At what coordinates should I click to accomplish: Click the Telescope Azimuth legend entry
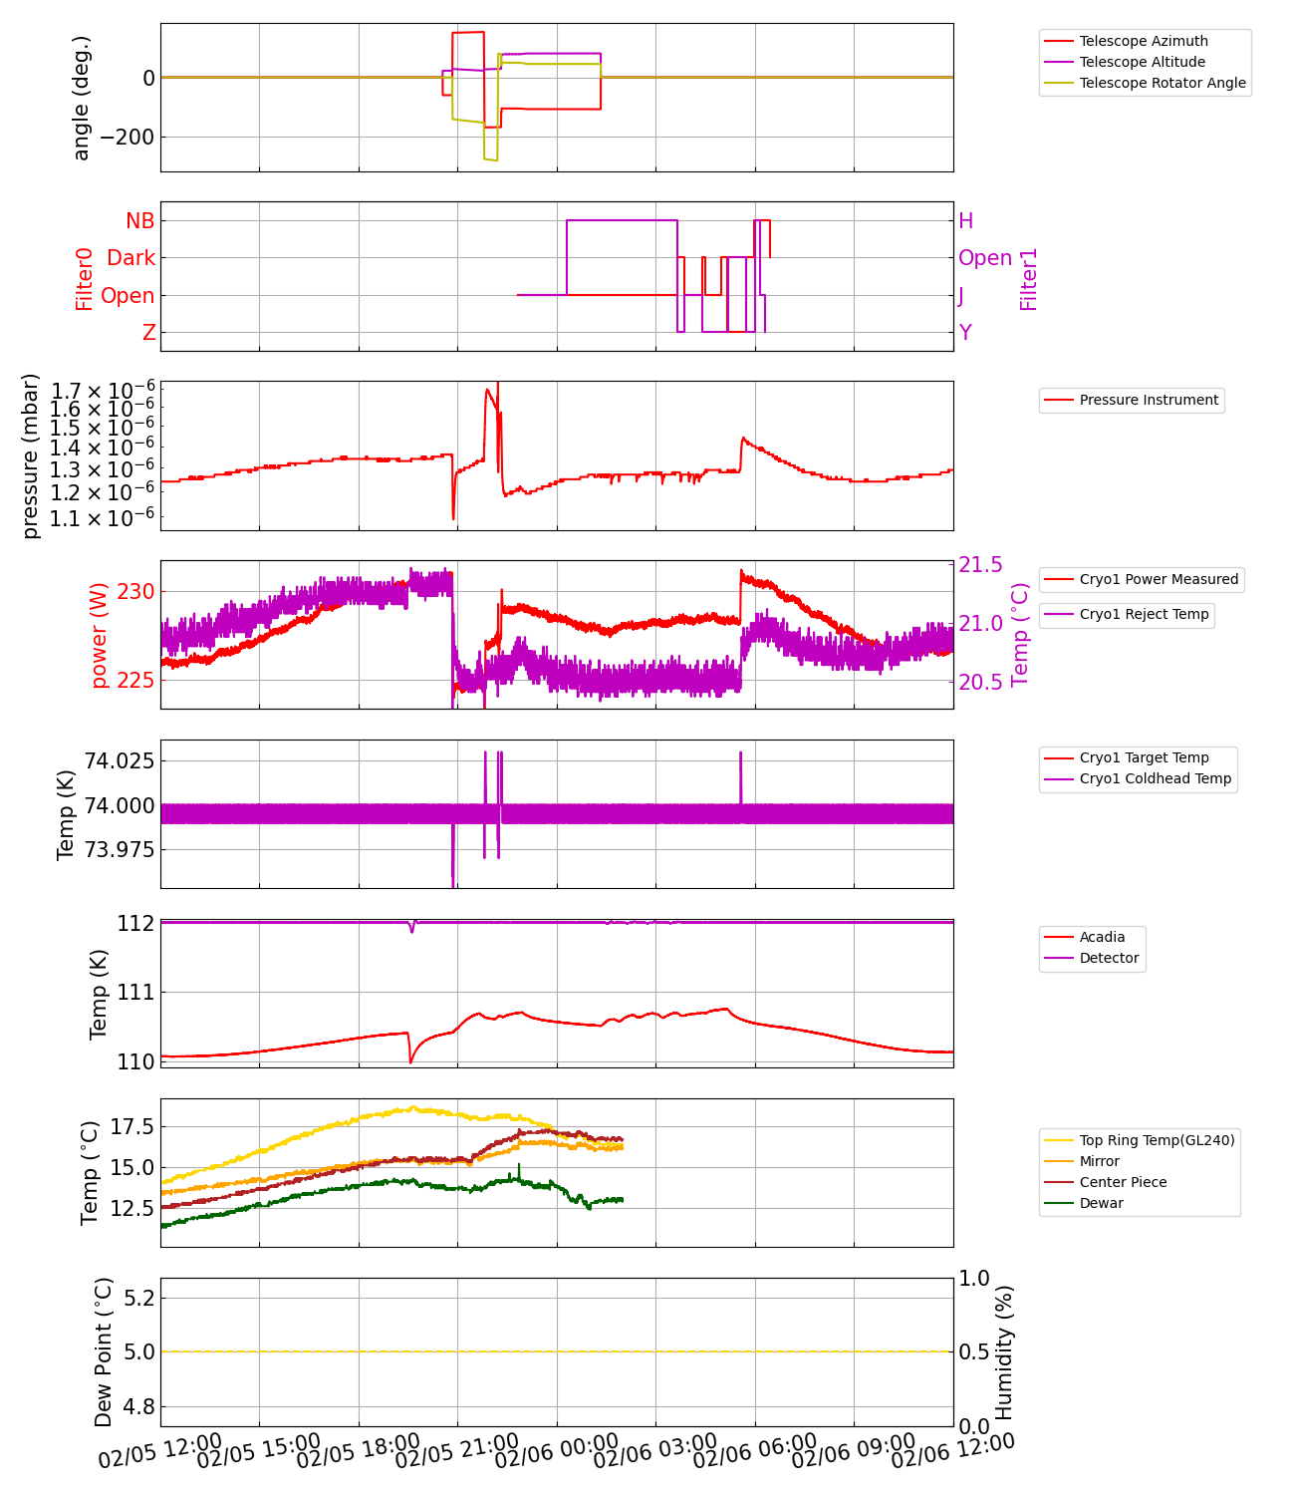coord(1143,41)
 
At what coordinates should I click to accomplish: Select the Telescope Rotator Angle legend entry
coord(1162,83)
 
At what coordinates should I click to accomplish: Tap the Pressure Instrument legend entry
coord(1148,400)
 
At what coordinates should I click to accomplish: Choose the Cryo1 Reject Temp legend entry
coord(1144,614)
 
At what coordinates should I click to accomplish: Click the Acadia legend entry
coord(1102,937)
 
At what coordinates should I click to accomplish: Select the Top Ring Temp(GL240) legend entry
coord(1157,1140)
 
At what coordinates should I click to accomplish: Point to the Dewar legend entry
coord(1101,1203)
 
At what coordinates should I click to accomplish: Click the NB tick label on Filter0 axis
coord(139,221)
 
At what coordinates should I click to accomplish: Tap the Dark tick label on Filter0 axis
coord(130,258)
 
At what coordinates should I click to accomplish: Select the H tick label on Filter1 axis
coord(965,221)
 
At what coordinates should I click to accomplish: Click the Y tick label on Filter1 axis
coord(965,333)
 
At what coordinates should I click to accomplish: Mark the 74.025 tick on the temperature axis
coord(119,761)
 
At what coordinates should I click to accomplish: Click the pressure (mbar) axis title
coord(31,455)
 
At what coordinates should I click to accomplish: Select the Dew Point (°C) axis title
coord(104,1351)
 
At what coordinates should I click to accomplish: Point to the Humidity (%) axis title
coord(1004,1351)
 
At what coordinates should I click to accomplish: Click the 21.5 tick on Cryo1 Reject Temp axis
coord(980,565)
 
